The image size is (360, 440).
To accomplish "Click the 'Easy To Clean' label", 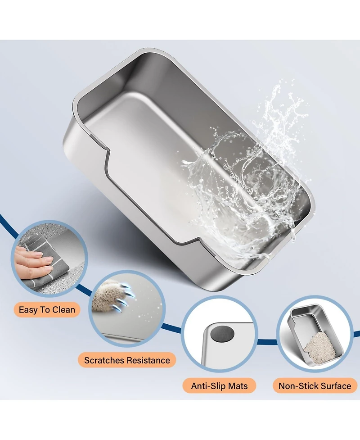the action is click(47, 309).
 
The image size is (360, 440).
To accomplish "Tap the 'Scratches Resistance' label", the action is click(127, 360).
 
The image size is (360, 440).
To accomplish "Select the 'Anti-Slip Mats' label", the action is click(219, 386).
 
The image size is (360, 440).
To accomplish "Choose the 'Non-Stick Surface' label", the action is click(315, 386).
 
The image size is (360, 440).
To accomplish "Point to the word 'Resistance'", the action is click(148, 360).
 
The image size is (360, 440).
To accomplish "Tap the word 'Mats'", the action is click(238, 386).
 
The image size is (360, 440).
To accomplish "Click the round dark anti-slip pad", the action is click(222, 334).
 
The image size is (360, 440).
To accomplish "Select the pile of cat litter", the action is click(319, 348).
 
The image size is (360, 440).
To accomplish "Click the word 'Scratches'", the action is click(104, 360).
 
